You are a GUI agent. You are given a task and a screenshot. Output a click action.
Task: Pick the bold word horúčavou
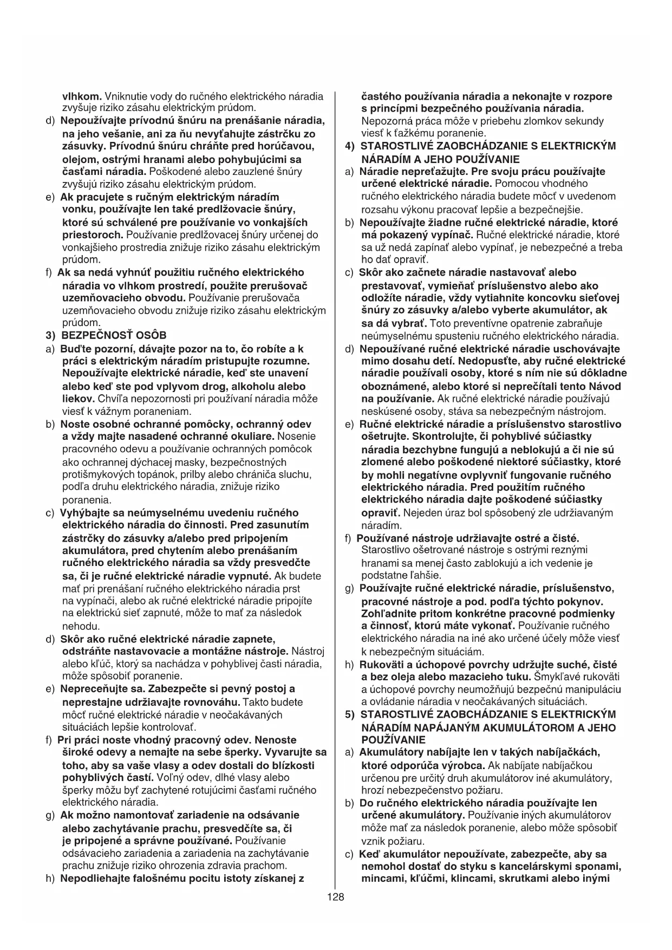pos(283,146)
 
